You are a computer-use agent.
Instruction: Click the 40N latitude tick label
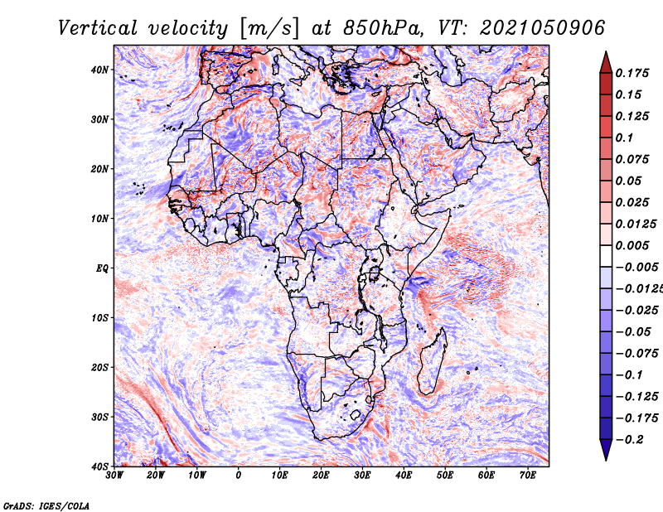[x=99, y=70]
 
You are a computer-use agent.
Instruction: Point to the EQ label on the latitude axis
[x=102, y=268]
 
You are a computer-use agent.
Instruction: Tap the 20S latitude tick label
[x=99, y=367]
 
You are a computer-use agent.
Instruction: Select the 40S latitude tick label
[x=99, y=466]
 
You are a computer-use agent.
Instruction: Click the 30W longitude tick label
[x=114, y=476]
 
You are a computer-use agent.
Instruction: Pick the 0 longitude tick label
[x=239, y=476]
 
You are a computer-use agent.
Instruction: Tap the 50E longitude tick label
[x=445, y=476]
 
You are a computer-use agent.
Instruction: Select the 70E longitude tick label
[x=528, y=476]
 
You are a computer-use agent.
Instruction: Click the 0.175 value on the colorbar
[x=632, y=73]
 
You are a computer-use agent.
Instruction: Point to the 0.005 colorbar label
[x=632, y=245]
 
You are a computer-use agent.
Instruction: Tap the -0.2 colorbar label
[x=629, y=439]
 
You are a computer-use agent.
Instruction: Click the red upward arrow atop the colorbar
[x=606, y=62]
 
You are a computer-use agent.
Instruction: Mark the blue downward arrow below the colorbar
[x=606, y=450]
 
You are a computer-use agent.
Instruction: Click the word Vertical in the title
[x=98, y=28]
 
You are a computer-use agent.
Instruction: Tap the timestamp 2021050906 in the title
[x=543, y=28]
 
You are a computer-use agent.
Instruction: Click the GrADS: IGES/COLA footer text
[x=46, y=505]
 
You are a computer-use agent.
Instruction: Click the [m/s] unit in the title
[x=270, y=29]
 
